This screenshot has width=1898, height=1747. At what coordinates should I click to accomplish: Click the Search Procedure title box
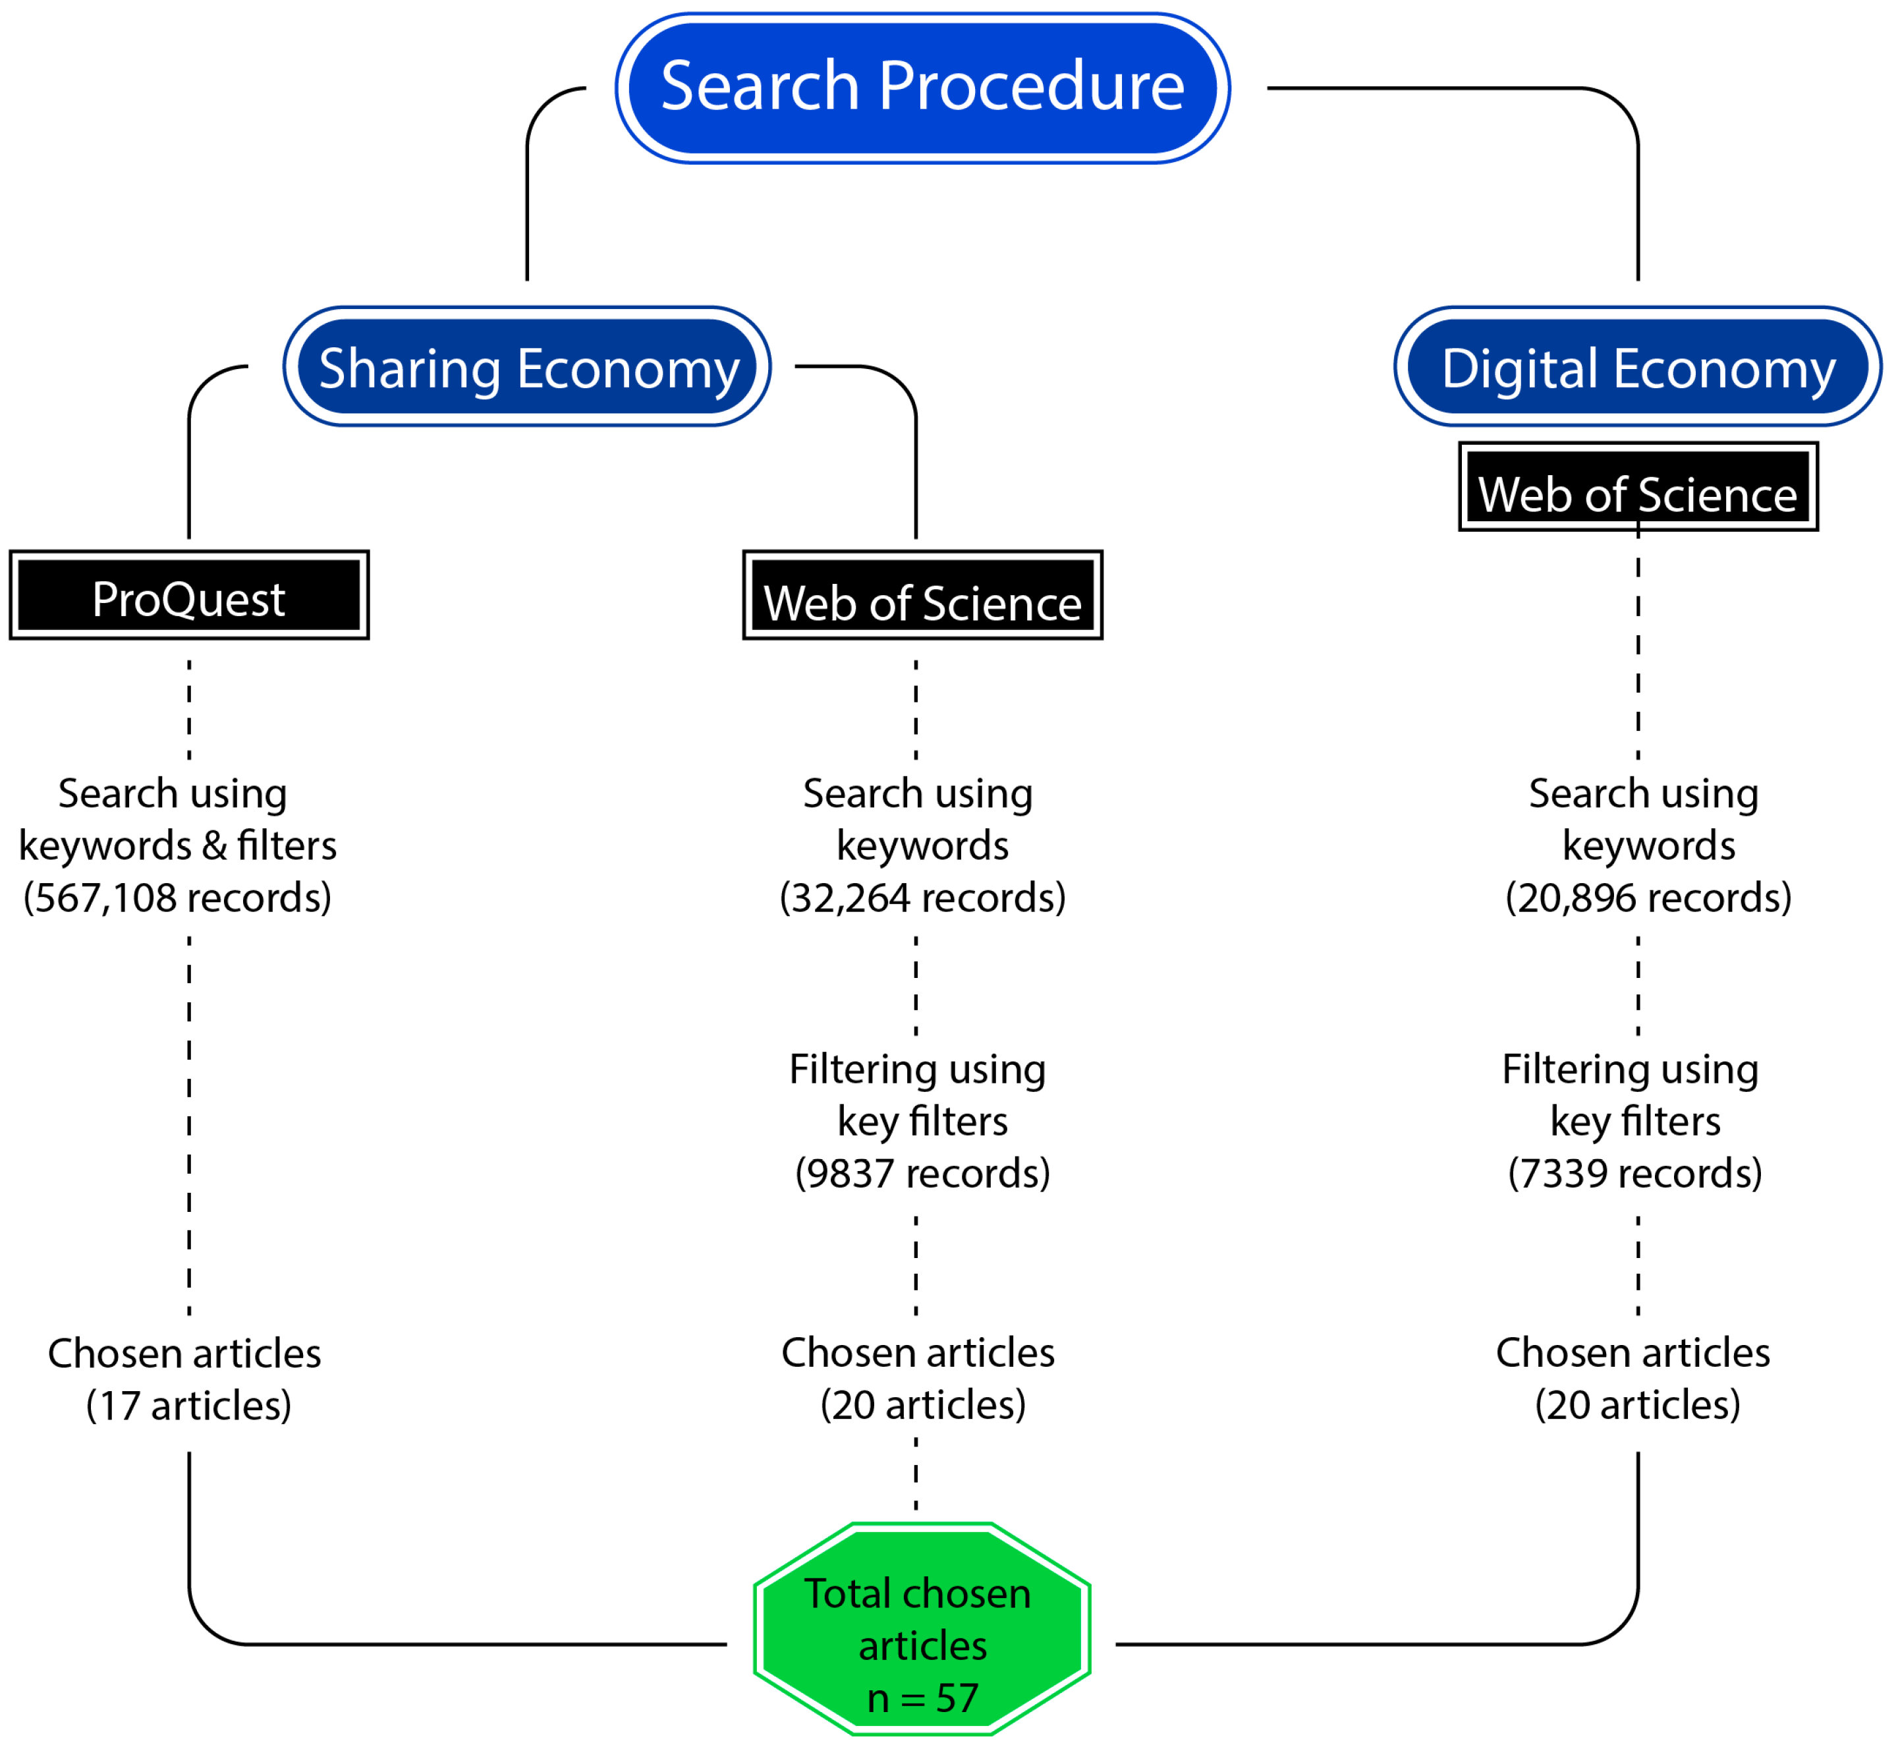[922, 87]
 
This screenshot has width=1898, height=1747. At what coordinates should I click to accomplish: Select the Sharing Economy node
[528, 367]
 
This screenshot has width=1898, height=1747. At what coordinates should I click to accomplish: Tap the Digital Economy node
[1637, 367]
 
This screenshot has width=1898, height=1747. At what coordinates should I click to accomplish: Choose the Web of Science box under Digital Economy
[1637, 488]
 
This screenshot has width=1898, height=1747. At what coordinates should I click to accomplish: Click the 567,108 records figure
[178, 898]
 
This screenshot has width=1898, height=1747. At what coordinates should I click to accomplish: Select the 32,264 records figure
[922, 898]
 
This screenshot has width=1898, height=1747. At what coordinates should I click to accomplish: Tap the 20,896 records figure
[1648, 898]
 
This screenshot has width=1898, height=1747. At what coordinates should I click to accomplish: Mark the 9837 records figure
[922, 1174]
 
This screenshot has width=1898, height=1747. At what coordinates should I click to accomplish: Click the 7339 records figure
[1634, 1174]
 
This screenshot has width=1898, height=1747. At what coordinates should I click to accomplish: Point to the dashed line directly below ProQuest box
[189, 709]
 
